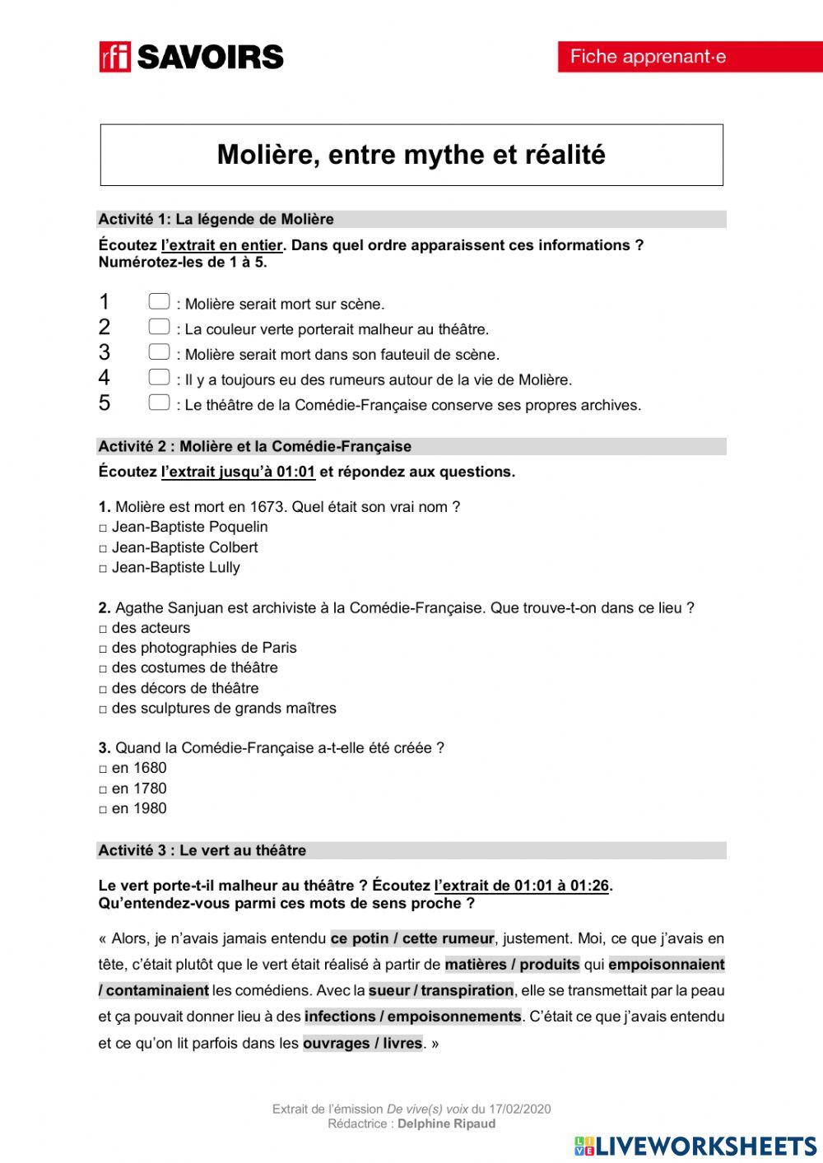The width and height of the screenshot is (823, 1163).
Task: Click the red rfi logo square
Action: pos(115,57)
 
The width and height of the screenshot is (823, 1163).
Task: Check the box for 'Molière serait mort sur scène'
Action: pos(159,302)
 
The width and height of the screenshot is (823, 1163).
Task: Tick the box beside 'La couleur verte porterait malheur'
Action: pos(159,328)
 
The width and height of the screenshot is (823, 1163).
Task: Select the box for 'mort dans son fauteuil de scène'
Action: pos(159,352)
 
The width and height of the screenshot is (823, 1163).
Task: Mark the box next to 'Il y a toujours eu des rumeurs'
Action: pos(159,378)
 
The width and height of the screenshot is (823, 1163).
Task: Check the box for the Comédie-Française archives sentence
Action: pos(159,403)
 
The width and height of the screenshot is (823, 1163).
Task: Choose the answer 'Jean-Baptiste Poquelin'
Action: pos(104,528)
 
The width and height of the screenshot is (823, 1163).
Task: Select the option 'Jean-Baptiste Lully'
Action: pos(104,569)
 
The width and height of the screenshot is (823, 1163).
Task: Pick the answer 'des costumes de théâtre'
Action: pos(104,669)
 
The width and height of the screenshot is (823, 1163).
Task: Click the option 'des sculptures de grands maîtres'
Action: pos(104,709)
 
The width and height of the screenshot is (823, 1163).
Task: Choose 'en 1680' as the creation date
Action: pos(104,770)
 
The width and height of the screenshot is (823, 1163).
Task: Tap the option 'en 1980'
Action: pos(104,810)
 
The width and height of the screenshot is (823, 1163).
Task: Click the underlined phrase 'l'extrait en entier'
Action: pos(222,245)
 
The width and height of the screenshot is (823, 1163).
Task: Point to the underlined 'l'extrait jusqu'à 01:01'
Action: pos(238,472)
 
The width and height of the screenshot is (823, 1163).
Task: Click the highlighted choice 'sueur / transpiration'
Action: pos(441,991)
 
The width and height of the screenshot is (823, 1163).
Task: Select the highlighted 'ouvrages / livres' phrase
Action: pos(362,1044)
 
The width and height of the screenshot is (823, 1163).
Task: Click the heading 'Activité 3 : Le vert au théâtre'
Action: pos(202,850)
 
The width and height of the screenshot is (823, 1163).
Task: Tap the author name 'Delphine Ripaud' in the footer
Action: pos(446,1123)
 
